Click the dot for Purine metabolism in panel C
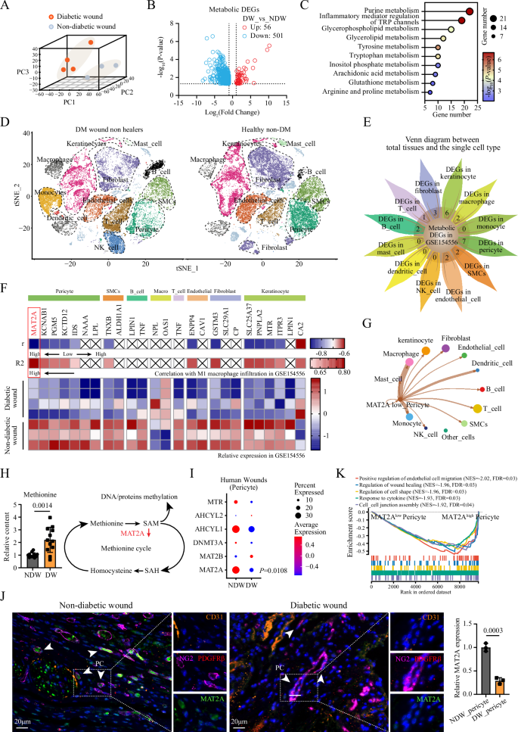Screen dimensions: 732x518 [x=470, y=11]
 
